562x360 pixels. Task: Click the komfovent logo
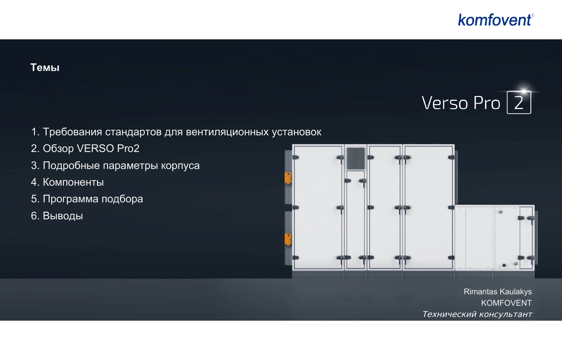(496, 20)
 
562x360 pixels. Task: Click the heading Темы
(45, 68)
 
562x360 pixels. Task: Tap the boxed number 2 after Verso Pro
(519, 102)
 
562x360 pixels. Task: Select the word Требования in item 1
(73, 132)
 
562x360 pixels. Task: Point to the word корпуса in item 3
(180, 166)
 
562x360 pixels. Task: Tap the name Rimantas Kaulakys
(498, 292)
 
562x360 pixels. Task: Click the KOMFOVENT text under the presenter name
(506, 303)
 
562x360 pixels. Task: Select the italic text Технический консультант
(477, 314)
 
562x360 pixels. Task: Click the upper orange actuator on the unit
(288, 178)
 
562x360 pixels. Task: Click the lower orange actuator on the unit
(288, 239)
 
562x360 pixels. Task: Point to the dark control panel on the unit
(355, 158)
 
